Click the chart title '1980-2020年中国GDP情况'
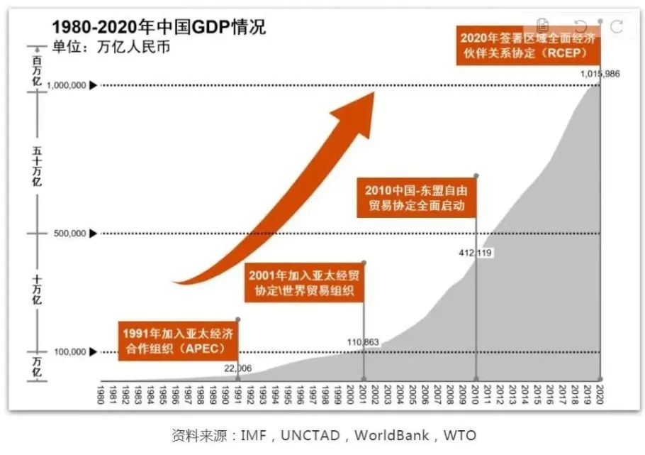coord(159,28)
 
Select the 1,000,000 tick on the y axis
coord(67,85)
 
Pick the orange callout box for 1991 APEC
coord(177,341)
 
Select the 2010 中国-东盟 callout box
coord(416,198)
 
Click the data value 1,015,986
coord(600,75)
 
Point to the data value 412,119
coord(476,252)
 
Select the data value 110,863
coord(363,342)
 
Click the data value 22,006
coord(237,368)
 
